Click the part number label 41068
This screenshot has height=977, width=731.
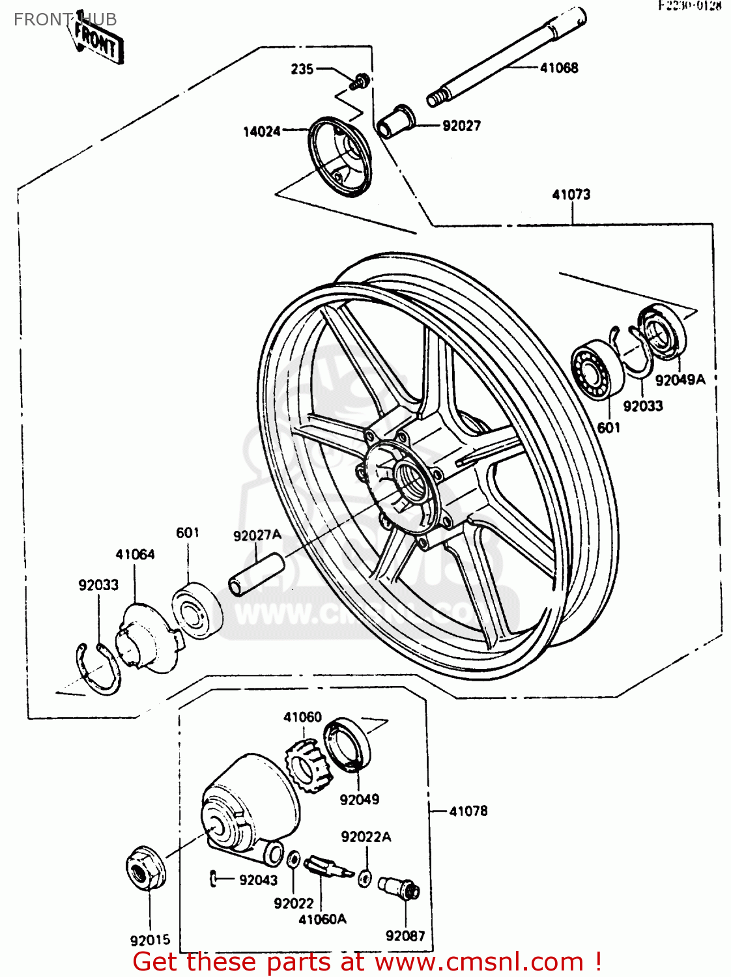click(559, 68)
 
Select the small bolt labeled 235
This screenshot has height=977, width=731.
click(359, 81)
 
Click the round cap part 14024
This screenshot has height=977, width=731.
click(341, 156)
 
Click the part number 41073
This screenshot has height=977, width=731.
click(571, 194)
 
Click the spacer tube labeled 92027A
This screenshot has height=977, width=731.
click(257, 574)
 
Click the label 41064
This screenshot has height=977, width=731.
click(135, 554)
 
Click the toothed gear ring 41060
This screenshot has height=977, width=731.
click(307, 765)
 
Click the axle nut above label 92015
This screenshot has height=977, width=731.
click(145, 868)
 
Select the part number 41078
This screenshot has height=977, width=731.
click(468, 811)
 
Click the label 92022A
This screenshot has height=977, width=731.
click(365, 837)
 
